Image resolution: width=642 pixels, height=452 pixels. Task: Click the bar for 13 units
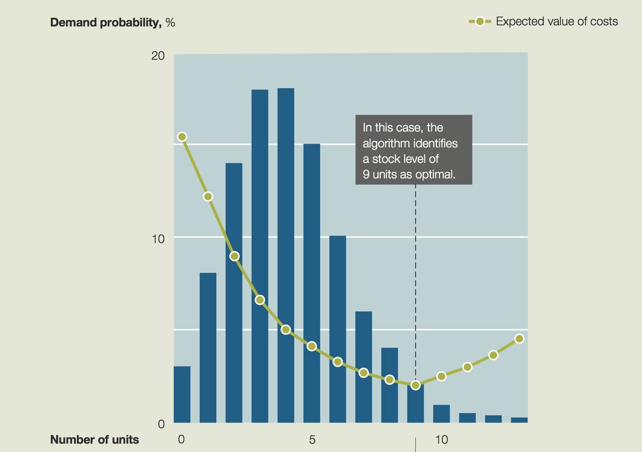(x=520, y=420)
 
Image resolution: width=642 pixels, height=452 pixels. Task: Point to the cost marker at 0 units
(x=182, y=137)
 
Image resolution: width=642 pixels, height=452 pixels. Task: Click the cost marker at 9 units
(x=415, y=385)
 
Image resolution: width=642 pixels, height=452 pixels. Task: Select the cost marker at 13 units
(x=520, y=339)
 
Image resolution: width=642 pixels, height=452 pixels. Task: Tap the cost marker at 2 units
(x=234, y=256)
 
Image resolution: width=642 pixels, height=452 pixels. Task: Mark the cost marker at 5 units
(x=312, y=346)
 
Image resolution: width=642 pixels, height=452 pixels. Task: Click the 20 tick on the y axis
(x=158, y=56)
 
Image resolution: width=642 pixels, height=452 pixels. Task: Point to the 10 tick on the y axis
(x=158, y=239)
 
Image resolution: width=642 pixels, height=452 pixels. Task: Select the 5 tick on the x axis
(x=312, y=440)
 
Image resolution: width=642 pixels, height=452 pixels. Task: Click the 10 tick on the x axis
(x=441, y=440)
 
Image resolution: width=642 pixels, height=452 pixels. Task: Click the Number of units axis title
(x=94, y=440)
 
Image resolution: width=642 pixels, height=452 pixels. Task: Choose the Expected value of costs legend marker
(x=480, y=22)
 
